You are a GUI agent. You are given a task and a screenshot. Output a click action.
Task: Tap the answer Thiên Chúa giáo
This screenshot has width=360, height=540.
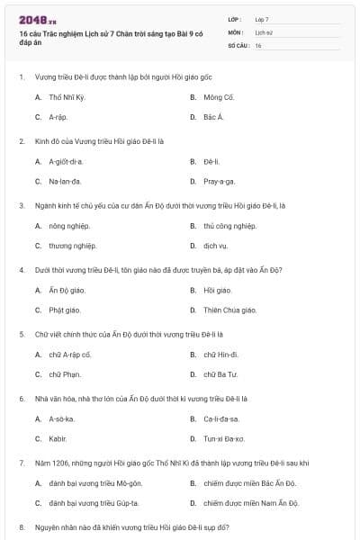229,310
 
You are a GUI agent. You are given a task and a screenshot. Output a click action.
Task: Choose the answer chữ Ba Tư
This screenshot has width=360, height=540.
220,374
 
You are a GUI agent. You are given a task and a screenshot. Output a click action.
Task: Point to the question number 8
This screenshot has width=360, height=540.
21,526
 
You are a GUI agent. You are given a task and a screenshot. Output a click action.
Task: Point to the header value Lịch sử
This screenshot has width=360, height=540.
263,31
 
